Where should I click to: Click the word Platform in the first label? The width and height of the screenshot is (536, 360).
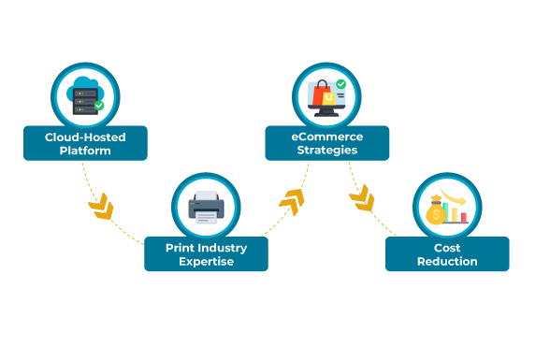(85, 151)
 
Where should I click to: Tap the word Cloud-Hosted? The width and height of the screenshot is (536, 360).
(85, 137)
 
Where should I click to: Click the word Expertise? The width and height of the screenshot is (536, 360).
(206, 262)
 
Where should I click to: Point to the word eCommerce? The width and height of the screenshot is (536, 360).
(326, 137)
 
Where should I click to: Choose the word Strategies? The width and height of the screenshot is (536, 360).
(326, 151)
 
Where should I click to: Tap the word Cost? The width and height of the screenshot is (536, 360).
(447, 248)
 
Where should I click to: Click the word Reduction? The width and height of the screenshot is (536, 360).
(447, 262)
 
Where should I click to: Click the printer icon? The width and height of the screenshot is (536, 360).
(205, 206)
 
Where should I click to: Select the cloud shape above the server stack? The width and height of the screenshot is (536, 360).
(84, 82)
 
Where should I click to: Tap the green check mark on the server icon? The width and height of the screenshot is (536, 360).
(99, 107)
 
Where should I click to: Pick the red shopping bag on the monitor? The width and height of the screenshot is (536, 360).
(324, 94)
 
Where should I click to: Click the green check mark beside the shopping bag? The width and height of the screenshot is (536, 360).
(341, 84)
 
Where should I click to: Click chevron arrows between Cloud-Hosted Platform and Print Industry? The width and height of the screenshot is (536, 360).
(100, 203)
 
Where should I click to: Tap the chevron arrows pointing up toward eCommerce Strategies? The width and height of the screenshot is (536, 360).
(292, 200)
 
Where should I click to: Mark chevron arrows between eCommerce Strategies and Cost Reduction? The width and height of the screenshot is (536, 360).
(362, 198)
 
